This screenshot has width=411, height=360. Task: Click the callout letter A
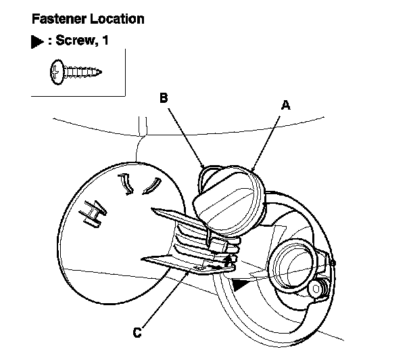click(285, 105)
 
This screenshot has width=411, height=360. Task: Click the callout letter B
click(164, 97)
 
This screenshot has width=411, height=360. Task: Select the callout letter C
click(137, 332)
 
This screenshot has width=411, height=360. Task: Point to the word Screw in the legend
click(76, 41)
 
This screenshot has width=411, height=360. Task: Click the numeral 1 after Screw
click(105, 41)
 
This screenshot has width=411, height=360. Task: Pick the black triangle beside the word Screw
click(37, 42)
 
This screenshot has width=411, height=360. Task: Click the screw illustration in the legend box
click(76, 69)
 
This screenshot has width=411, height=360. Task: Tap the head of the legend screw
click(55, 69)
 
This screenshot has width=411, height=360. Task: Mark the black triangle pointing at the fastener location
click(239, 286)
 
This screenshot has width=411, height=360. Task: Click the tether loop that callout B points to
click(205, 177)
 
